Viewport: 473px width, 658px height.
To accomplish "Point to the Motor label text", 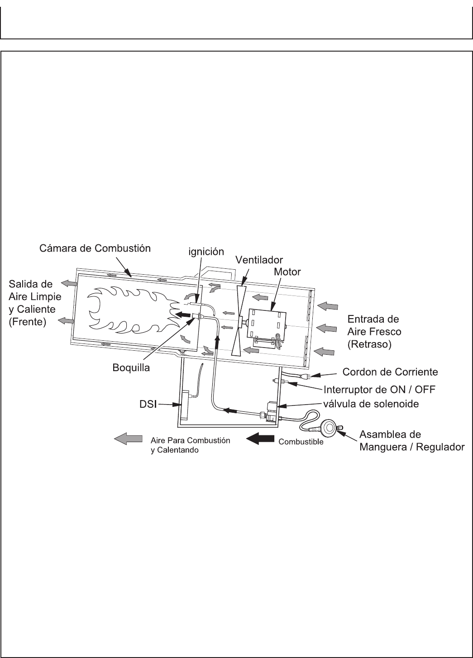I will (287, 272).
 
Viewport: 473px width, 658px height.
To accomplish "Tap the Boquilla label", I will (131, 368).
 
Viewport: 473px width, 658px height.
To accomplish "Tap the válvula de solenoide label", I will (373, 403).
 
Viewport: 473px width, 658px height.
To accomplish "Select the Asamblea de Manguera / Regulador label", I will (411, 441).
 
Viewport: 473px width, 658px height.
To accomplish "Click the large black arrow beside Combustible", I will (260, 439).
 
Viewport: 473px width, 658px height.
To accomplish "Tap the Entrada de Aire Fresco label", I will (374, 331).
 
